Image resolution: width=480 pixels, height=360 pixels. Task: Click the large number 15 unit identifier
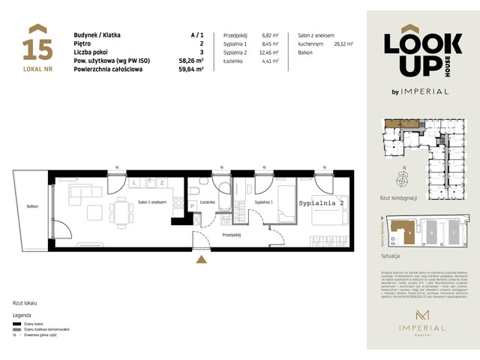tap(37, 49)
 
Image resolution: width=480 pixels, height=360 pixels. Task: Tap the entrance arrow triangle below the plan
tap(200, 259)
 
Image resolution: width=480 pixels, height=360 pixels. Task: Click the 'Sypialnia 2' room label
tap(320, 203)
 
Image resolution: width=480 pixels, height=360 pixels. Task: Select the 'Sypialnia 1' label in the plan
tap(263, 202)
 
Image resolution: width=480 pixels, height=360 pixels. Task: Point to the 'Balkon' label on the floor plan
tap(32, 206)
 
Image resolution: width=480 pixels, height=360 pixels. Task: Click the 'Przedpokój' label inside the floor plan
tap(232, 234)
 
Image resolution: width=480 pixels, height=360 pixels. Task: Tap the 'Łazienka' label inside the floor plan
tap(208, 202)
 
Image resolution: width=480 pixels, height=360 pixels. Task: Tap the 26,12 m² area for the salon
tap(343, 44)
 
